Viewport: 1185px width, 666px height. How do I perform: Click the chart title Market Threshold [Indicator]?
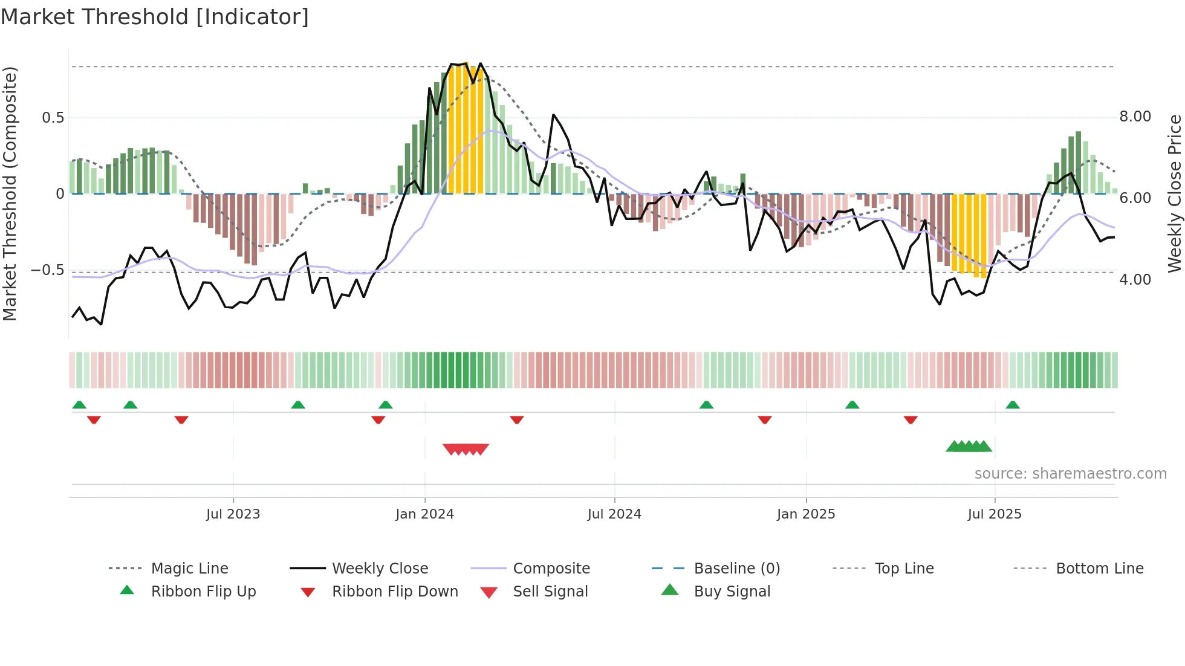click(155, 17)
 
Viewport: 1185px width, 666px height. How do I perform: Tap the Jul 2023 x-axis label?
click(233, 514)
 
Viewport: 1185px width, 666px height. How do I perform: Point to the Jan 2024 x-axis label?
click(424, 514)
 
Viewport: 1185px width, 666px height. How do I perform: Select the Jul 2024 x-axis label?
click(614, 514)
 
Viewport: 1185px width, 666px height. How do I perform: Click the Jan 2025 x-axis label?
click(806, 514)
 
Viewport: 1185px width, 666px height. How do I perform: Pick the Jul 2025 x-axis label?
click(995, 514)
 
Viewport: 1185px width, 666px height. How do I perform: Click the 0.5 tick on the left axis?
click(53, 118)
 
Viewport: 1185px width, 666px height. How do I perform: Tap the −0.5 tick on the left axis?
click(48, 270)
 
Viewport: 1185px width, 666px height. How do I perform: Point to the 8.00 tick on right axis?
click(1135, 117)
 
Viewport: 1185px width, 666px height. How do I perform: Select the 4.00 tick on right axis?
click(1135, 280)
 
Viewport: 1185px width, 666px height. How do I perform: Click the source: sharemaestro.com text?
click(1070, 474)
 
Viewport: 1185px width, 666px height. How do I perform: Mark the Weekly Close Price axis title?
click(1174, 193)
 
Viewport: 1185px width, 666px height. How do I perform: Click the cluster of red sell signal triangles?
click(466, 449)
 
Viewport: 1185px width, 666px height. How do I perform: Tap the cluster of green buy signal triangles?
click(969, 447)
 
